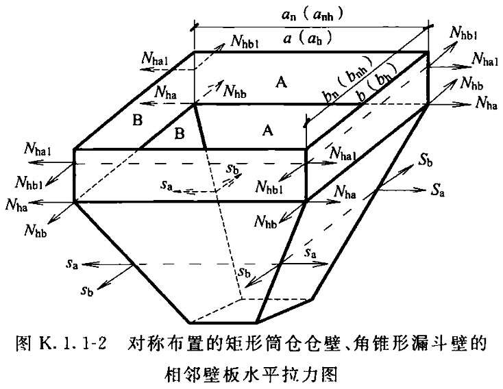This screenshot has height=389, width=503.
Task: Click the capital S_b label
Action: [426, 162]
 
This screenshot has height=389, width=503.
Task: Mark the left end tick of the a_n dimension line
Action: [195, 27]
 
